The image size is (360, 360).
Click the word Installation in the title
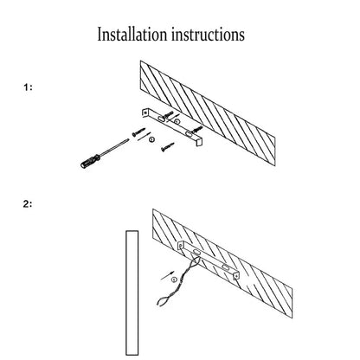click(132, 35)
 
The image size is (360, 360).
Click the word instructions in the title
click(208, 35)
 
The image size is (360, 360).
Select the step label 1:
click(28, 87)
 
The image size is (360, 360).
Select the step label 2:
click(28, 204)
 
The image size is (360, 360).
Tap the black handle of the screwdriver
click(90, 162)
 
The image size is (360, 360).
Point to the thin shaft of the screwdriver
click(114, 148)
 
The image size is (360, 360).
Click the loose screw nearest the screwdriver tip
click(138, 132)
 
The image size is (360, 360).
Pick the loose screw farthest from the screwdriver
click(168, 146)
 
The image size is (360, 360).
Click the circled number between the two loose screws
click(151, 139)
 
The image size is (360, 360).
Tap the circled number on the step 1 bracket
click(177, 122)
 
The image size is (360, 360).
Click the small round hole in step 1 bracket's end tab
click(145, 112)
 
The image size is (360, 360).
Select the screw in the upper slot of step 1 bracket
click(168, 115)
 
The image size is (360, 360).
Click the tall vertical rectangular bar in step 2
click(132, 292)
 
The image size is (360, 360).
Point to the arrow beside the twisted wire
click(168, 275)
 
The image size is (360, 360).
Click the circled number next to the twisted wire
click(174, 280)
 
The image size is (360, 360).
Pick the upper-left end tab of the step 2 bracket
click(180, 246)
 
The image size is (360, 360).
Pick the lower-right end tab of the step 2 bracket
click(236, 276)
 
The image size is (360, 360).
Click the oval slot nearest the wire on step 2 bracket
click(197, 252)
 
